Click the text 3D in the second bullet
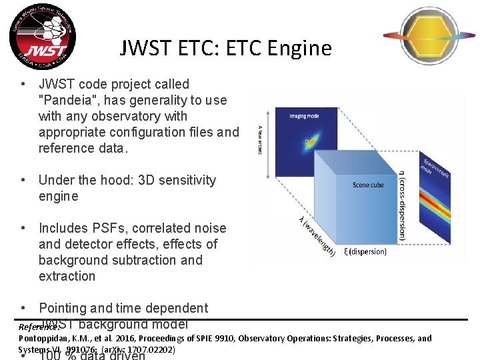click(x=148, y=180)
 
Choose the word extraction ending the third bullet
click(x=67, y=276)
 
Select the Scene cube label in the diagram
click(x=368, y=185)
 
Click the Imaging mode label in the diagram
click(x=304, y=116)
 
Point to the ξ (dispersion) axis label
click(x=364, y=251)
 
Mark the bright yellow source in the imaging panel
click(x=308, y=141)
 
